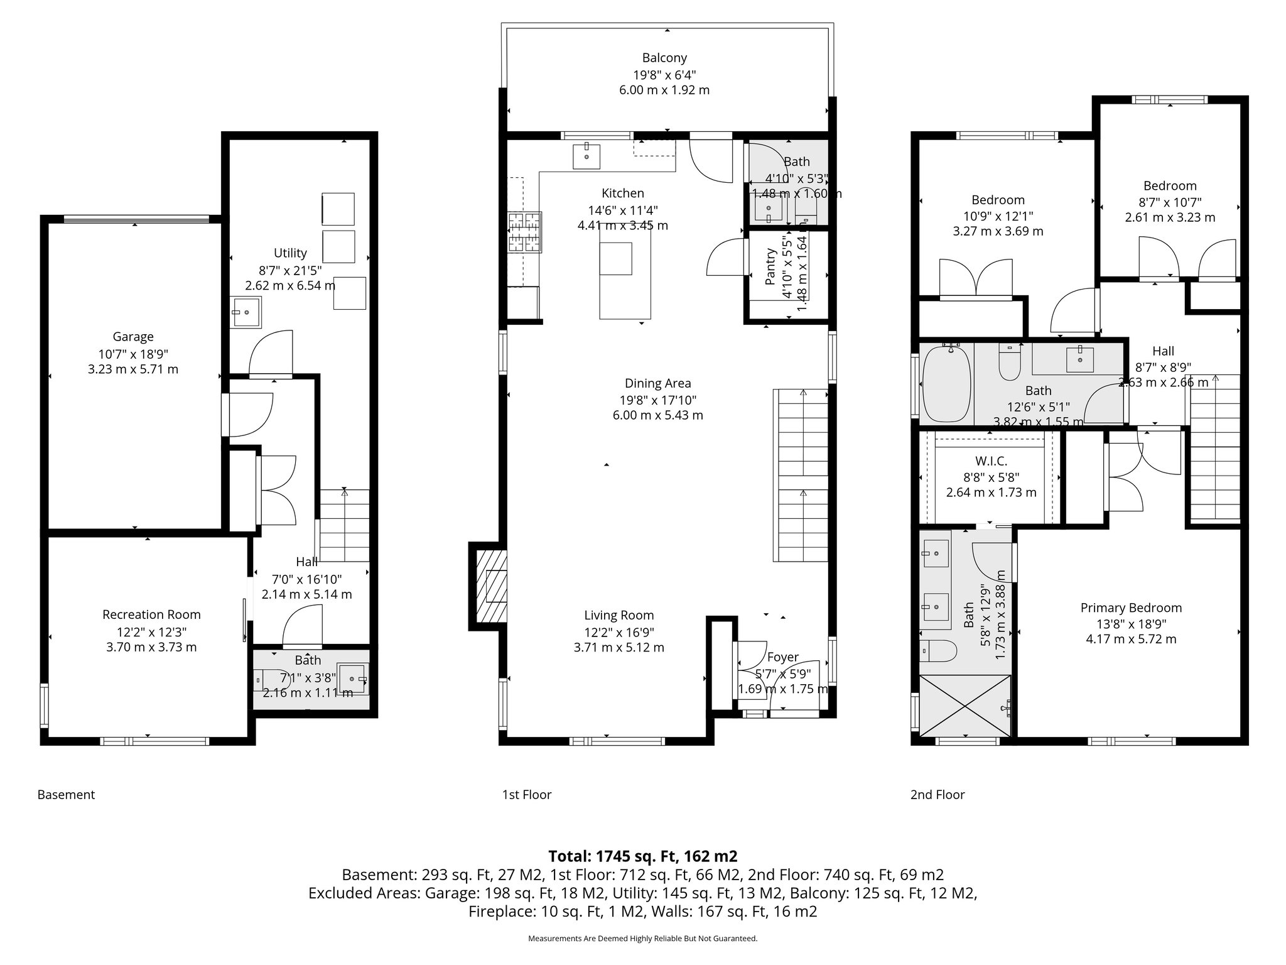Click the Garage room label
tap(132, 337)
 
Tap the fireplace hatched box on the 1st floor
tap(491, 586)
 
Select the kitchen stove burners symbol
tap(524, 232)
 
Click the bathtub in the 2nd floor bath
tap(947, 384)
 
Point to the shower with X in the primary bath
tap(965, 706)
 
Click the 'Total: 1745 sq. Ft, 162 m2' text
tap(642, 856)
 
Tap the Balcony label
tap(664, 58)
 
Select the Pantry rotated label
tap(770, 267)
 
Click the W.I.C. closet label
tap(991, 461)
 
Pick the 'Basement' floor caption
tap(66, 794)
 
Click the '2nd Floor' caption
tap(937, 794)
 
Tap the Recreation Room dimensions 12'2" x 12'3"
tap(151, 631)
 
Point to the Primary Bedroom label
tap(1130, 608)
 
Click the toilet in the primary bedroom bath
tap(938, 651)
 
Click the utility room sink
tap(247, 312)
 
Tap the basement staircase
tap(344, 525)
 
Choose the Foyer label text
tap(782, 657)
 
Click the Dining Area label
tap(657, 383)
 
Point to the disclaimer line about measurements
tap(642, 939)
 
